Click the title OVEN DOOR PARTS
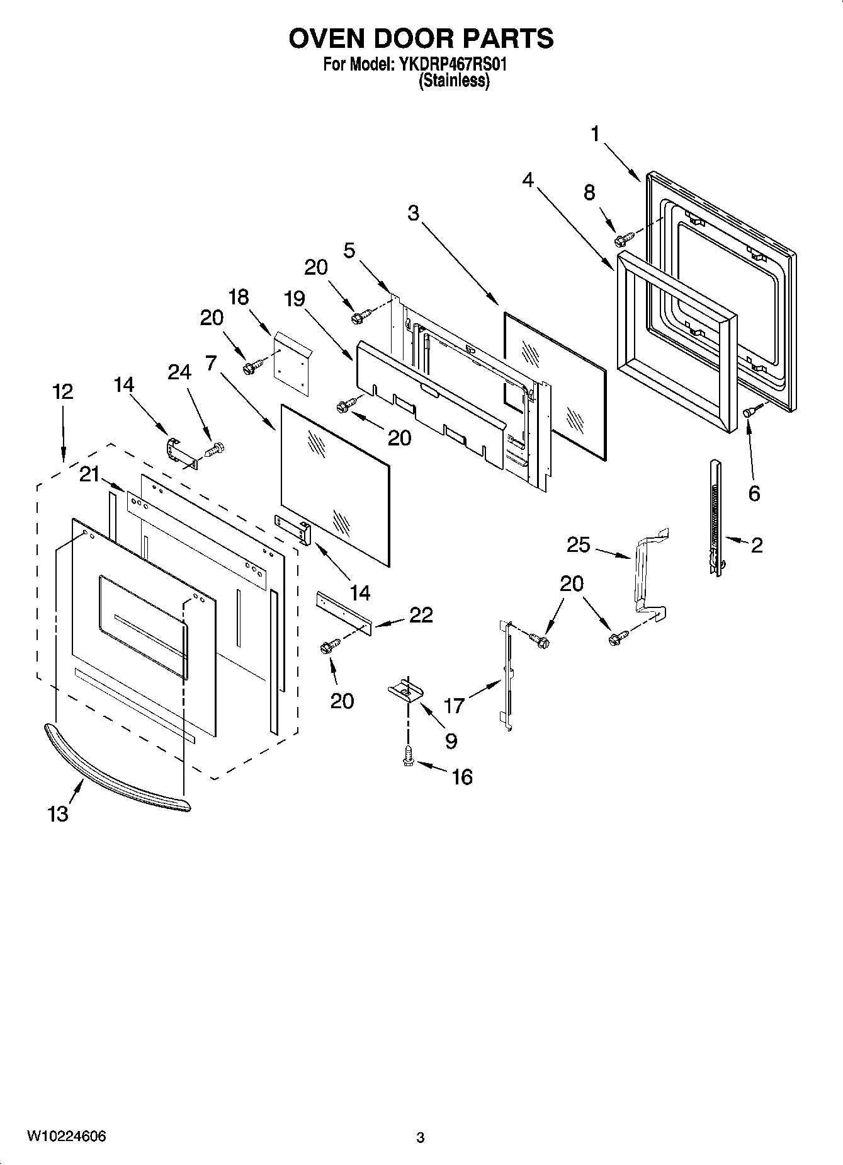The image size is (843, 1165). click(421, 39)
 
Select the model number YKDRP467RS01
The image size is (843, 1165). click(451, 65)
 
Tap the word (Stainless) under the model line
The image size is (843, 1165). click(454, 81)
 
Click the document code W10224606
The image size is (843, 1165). click(66, 1137)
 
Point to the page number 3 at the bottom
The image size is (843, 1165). click(421, 1138)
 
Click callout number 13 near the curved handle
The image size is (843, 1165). click(57, 814)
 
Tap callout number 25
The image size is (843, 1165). click(579, 544)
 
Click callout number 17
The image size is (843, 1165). click(453, 705)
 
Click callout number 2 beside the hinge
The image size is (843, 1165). click(756, 544)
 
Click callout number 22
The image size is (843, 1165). click(421, 615)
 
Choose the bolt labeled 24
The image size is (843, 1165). click(216, 450)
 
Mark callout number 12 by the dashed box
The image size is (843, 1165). click(62, 391)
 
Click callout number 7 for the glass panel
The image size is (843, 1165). click(211, 363)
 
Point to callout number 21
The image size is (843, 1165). click(89, 474)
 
